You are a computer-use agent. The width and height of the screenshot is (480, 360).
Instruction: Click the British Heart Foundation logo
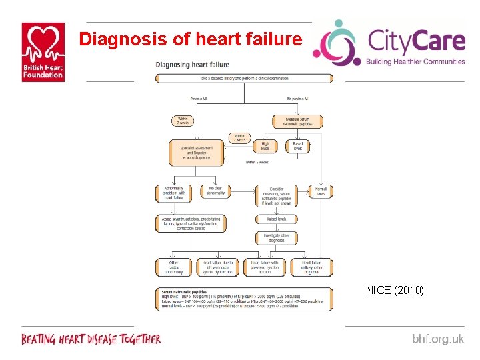click(x=43, y=51)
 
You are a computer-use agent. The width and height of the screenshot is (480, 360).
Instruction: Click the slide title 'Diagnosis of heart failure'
click(x=190, y=39)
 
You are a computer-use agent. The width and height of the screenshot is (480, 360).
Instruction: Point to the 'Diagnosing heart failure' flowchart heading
click(x=193, y=65)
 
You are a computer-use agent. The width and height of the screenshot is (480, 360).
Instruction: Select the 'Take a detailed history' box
click(x=244, y=78)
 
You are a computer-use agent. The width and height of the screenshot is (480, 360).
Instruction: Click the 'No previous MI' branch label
click(x=297, y=99)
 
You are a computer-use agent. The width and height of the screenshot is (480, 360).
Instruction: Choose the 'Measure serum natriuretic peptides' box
click(x=297, y=121)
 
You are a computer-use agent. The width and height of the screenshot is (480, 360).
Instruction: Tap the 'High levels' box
click(x=265, y=145)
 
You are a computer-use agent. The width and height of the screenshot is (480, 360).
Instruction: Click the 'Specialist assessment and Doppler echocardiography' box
click(x=192, y=152)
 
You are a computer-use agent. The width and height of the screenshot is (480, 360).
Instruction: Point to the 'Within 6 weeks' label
click(x=257, y=162)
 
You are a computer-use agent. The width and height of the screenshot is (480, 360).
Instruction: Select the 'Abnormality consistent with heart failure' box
click(x=173, y=193)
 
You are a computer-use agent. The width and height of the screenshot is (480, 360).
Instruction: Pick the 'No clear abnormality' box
click(x=215, y=193)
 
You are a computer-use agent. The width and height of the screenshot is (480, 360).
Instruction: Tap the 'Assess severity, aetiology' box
click(x=191, y=223)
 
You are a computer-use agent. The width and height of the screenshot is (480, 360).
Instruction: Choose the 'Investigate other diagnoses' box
click(x=277, y=237)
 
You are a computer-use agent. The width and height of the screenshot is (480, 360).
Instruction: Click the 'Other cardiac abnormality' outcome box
click(x=173, y=267)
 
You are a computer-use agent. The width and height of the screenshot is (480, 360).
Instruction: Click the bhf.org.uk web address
click(x=437, y=339)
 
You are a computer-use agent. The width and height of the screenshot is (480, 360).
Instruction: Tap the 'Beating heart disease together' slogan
click(x=91, y=339)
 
